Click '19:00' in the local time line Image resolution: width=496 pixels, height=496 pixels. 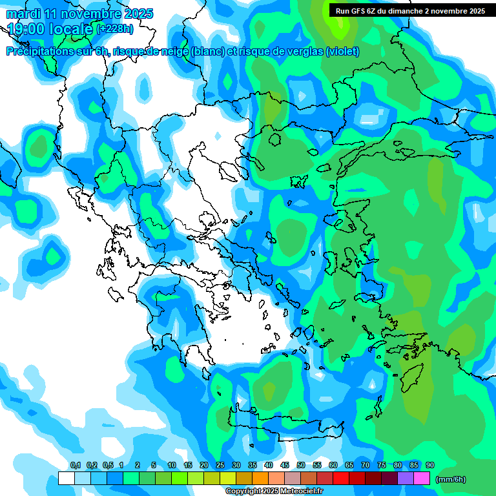[30, 28]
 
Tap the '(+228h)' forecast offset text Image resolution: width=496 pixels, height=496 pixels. [115, 28]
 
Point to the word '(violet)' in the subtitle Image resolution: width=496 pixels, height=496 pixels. [342, 52]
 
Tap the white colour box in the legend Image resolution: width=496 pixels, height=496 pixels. [66, 478]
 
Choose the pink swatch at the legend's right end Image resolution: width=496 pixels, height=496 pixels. [422, 478]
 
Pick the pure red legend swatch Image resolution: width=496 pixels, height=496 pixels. [341, 478]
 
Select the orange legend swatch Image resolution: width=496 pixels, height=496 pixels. [260, 478]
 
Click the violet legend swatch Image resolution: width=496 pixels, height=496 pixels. [406, 478]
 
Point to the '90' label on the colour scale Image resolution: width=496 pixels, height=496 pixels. [430, 465]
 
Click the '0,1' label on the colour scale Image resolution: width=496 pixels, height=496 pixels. [75, 465]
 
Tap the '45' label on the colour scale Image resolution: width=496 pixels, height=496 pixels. [285, 465]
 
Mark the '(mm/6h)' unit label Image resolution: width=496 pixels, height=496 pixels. [451, 479]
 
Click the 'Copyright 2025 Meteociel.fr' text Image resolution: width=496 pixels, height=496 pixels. [274, 491]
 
